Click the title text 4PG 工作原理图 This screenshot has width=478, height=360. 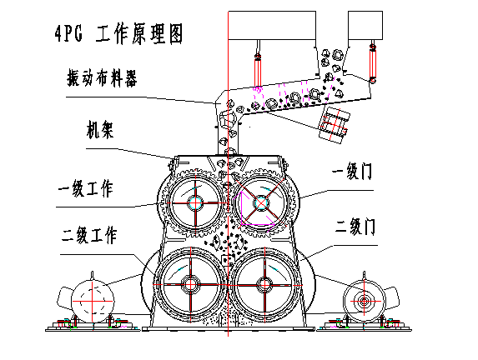(x=118, y=33)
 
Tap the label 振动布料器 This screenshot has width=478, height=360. (x=102, y=78)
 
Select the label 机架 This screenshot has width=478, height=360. (x=100, y=130)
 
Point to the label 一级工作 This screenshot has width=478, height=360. (x=86, y=189)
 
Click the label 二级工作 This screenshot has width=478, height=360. (x=89, y=234)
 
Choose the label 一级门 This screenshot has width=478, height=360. (x=352, y=172)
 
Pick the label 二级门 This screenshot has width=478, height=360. (x=355, y=226)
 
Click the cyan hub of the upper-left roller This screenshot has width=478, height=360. (x=195, y=202)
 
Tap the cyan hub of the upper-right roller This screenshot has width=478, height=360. (x=261, y=202)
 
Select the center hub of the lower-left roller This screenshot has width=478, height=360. (x=190, y=285)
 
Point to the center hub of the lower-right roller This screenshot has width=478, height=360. (x=264, y=285)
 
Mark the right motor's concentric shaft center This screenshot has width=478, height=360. (x=364, y=302)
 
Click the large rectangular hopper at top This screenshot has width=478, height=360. (x=272, y=25)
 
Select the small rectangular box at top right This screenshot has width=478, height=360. (x=365, y=25)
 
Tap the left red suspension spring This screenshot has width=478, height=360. (x=258, y=70)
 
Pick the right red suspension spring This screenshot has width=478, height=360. (x=373, y=63)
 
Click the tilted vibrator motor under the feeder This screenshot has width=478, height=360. (x=335, y=125)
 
